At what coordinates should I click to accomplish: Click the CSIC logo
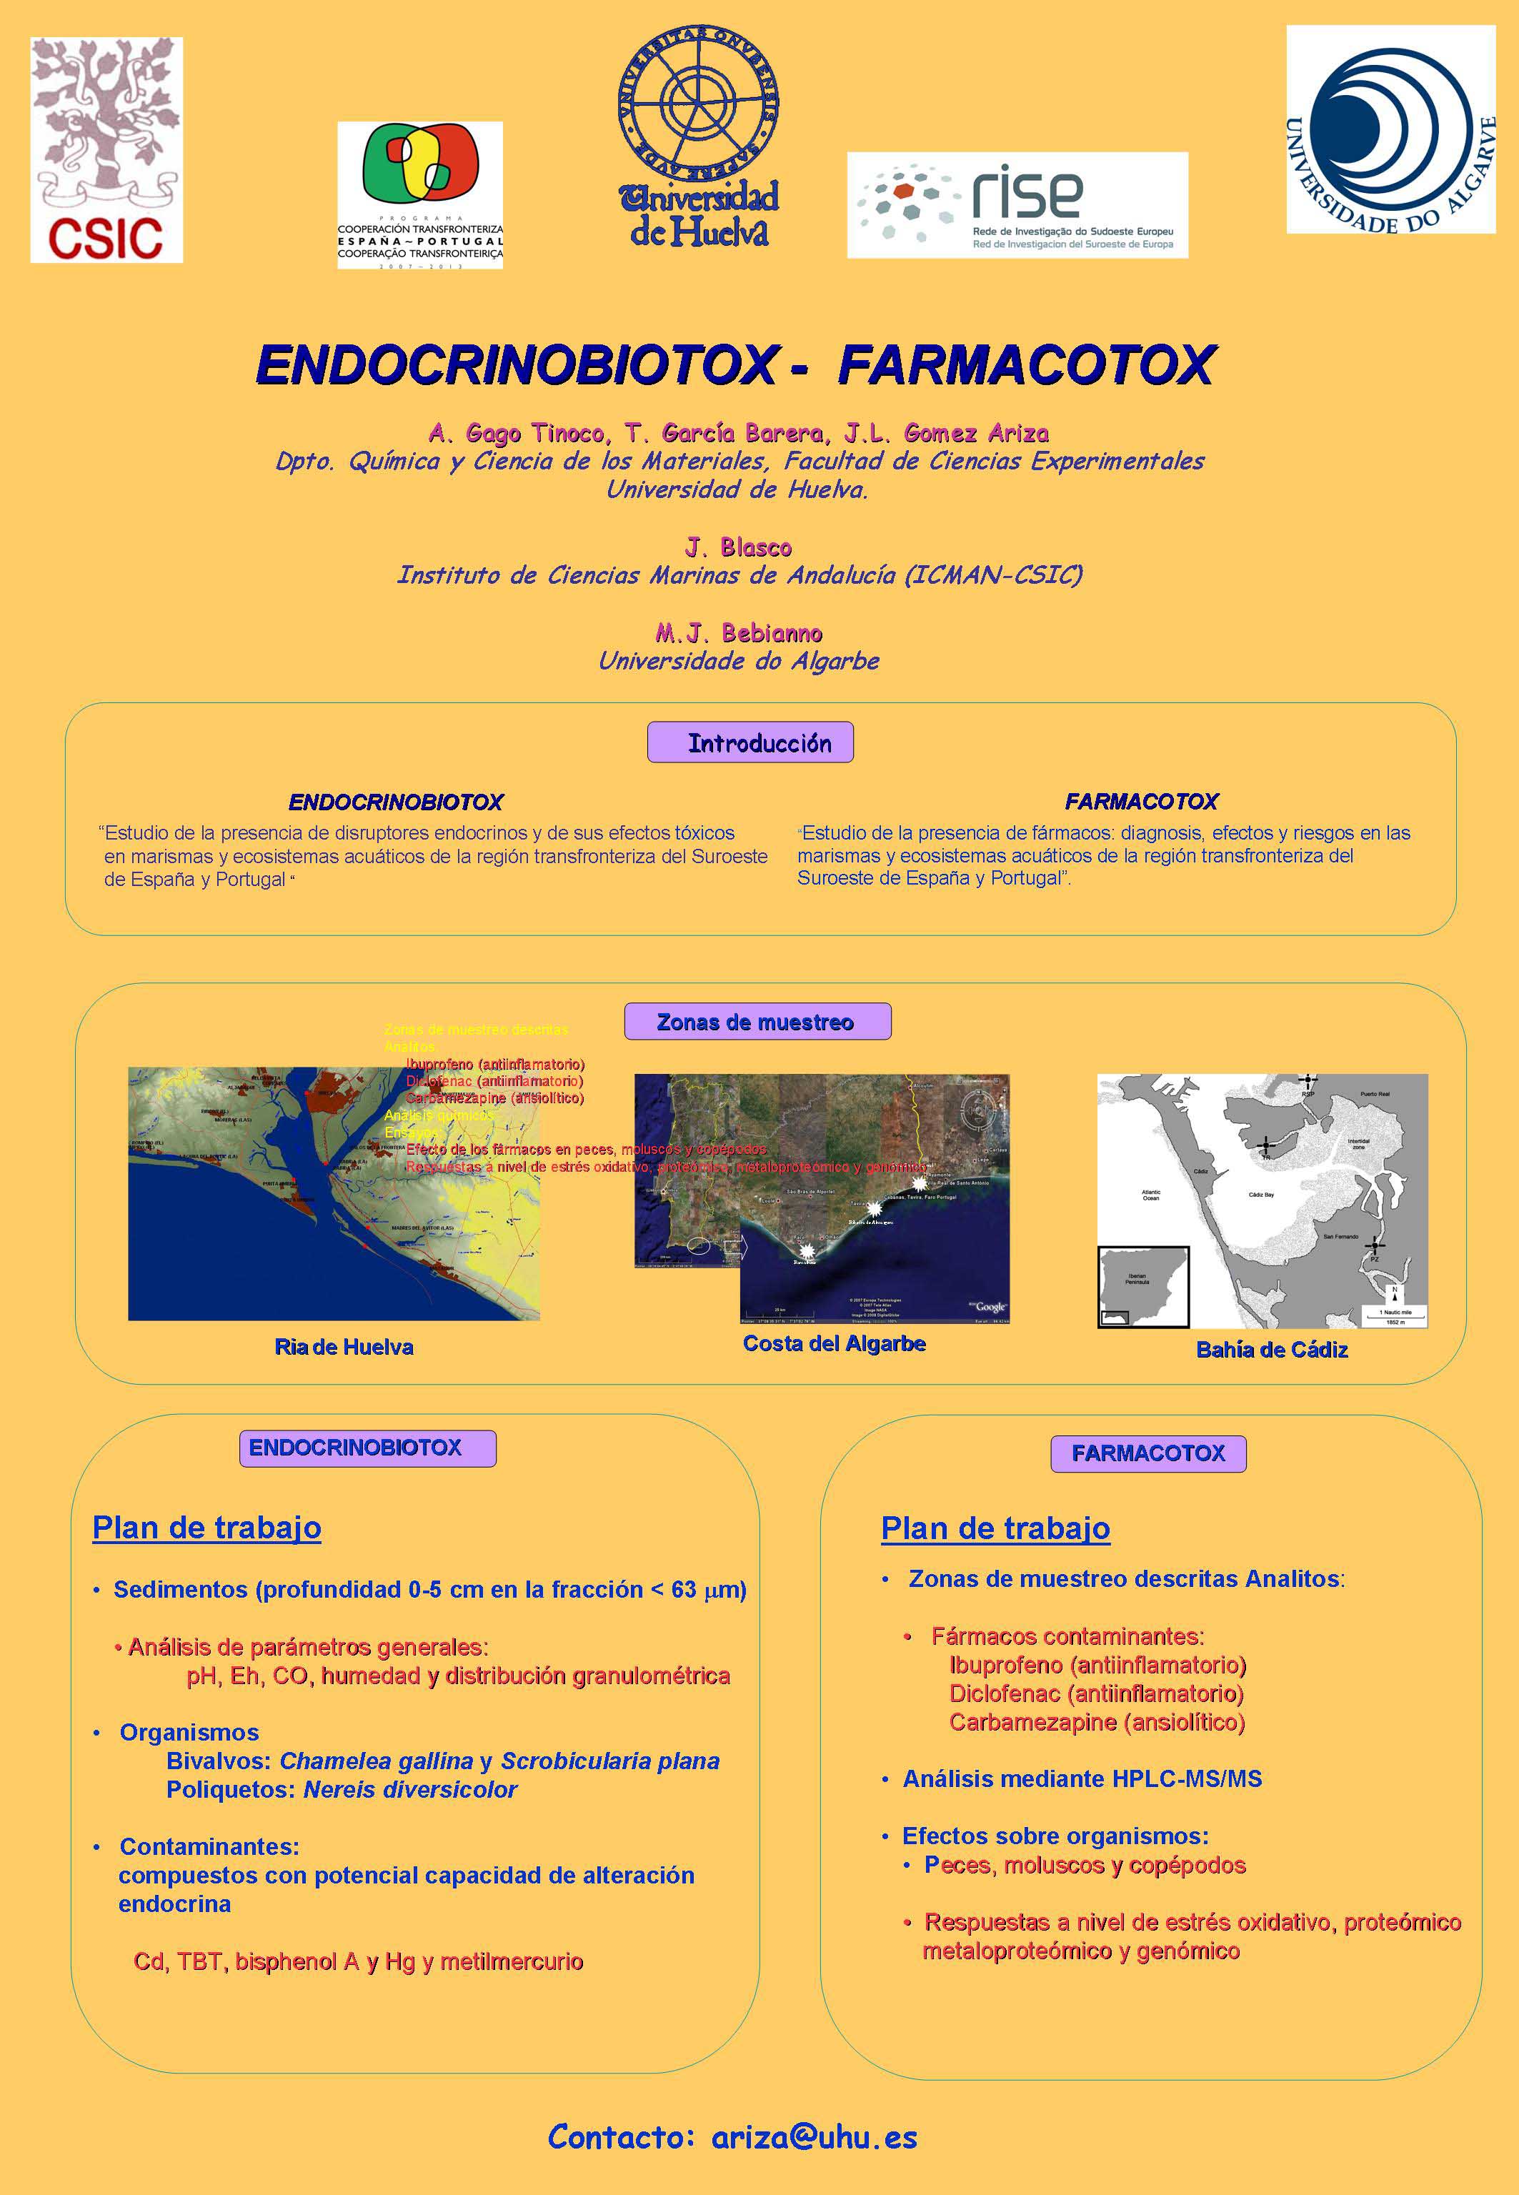(x=106, y=149)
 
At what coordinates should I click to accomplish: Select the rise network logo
(x=1017, y=204)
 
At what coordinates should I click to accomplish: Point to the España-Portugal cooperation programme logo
(x=419, y=195)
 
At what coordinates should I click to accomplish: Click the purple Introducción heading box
(x=750, y=742)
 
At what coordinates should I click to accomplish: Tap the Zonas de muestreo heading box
(x=757, y=1021)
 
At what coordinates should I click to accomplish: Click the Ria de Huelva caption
(x=344, y=1347)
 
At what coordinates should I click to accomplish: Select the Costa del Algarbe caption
(x=834, y=1343)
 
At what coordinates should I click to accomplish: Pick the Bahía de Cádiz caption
(x=1272, y=1350)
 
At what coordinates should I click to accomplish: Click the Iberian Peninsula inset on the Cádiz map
(x=1142, y=1286)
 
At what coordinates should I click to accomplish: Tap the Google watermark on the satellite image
(x=989, y=1307)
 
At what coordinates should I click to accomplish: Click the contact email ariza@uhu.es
(x=814, y=2137)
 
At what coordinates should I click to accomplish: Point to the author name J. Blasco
(x=739, y=547)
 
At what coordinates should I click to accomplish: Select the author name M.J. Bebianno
(x=739, y=633)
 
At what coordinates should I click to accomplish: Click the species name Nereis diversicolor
(x=410, y=1789)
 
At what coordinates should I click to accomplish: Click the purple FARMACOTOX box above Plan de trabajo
(x=1147, y=1453)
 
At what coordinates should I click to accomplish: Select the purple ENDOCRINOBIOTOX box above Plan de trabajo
(x=367, y=1448)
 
